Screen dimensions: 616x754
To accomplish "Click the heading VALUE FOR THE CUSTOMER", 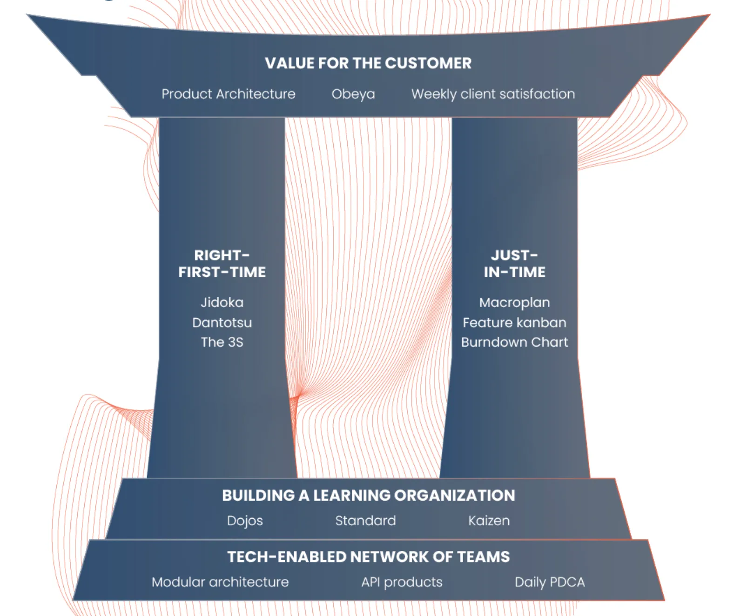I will (x=368, y=63).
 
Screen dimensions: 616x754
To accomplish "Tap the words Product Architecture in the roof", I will (x=228, y=94).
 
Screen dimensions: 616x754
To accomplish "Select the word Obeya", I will (x=353, y=94).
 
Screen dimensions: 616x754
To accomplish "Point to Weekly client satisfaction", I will (x=493, y=94).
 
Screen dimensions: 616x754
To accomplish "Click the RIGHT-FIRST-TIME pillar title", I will (x=222, y=264).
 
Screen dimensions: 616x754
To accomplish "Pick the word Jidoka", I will (x=222, y=302).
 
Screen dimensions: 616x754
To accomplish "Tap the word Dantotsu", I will (x=222, y=322).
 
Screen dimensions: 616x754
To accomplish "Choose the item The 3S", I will (x=222, y=342).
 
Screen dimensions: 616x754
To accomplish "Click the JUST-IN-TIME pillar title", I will (x=514, y=264).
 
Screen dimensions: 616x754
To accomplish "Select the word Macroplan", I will (x=514, y=302).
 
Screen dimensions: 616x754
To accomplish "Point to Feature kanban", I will (x=514, y=322).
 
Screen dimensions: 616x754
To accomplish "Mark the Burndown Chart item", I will (x=514, y=342).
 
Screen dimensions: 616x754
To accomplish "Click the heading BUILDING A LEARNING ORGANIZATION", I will (x=368, y=495).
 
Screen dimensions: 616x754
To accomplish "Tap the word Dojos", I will (x=245, y=521).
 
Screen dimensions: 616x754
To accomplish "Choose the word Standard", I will (x=365, y=521).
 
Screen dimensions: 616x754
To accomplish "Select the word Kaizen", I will (x=489, y=521).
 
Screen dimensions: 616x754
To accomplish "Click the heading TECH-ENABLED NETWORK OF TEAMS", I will (x=368, y=557).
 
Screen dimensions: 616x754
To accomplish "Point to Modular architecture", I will (x=220, y=582).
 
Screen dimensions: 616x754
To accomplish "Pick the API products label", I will (x=402, y=582).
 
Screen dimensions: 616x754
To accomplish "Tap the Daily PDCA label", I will (x=550, y=582).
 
